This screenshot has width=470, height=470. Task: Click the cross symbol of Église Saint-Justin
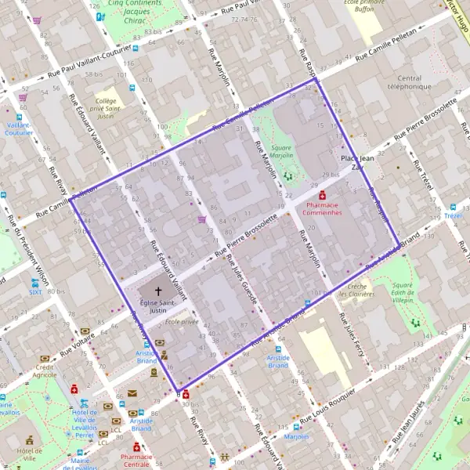tap(158, 290)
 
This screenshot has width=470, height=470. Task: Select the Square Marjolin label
tap(281, 150)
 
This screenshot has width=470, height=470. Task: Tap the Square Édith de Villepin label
tap(403, 293)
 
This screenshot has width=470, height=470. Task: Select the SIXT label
tap(34, 292)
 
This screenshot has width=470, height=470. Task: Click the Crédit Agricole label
tap(45, 371)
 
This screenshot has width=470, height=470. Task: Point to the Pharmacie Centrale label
tap(136, 459)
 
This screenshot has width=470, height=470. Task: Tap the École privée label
tap(182, 321)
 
